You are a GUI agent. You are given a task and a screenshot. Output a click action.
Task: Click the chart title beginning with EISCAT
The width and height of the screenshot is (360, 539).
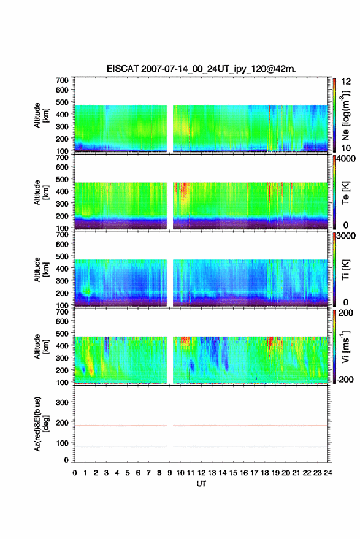201,69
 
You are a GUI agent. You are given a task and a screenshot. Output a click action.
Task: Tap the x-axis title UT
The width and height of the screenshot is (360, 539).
202,484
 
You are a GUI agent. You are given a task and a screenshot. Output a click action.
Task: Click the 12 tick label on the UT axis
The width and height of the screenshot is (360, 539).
202,473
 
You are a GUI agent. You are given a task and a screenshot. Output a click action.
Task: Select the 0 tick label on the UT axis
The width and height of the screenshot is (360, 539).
75,473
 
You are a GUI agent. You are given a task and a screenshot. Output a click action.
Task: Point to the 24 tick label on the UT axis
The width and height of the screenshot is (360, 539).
327,473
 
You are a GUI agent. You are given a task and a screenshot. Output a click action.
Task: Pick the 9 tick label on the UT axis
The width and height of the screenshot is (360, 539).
169,473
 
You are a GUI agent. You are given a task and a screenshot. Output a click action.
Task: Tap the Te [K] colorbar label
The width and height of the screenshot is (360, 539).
345,193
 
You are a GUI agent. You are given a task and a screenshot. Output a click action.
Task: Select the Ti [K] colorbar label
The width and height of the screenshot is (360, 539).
345,270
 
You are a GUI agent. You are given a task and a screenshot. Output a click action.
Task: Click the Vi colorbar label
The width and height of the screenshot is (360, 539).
345,346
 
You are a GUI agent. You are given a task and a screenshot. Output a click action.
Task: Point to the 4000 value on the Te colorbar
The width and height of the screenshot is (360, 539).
347,158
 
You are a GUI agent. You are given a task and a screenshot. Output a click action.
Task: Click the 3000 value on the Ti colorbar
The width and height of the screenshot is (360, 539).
347,235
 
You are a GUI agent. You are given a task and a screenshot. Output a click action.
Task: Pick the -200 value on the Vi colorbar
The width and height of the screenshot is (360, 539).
345,379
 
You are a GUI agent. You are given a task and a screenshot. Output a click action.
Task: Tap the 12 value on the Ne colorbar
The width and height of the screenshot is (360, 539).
347,81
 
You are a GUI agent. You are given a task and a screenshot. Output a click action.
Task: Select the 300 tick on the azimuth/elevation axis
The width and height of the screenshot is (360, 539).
62,402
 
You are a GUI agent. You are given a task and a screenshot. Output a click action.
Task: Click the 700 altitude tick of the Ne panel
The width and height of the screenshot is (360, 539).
62,80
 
